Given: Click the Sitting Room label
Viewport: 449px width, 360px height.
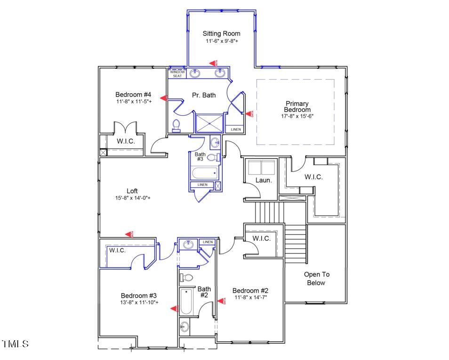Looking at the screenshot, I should [221, 33].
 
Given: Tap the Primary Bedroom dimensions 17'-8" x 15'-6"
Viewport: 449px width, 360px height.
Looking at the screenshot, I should [297, 116].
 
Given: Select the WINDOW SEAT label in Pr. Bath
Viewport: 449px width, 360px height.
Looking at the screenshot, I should [177, 74].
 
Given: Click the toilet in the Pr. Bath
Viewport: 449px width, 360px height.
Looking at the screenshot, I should [176, 125].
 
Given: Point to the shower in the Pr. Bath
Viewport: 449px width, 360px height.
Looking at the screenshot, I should [210, 123].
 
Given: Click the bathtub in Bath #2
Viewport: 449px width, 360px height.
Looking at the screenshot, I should [185, 301].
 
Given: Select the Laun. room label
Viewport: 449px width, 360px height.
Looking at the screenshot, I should [264, 180].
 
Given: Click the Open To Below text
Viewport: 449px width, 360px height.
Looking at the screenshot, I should [316, 279].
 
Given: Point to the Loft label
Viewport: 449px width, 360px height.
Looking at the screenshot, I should [132, 191].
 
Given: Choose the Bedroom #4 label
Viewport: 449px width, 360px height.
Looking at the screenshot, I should [133, 95].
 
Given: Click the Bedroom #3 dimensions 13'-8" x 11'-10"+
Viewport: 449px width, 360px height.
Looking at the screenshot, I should [139, 303].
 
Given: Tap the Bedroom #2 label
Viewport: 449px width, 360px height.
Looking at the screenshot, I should [250, 290].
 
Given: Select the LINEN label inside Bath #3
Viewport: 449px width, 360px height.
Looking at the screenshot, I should [202, 185].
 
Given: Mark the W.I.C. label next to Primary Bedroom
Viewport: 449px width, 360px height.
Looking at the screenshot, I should [313, 177].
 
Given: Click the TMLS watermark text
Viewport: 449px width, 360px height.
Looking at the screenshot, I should [16, 344].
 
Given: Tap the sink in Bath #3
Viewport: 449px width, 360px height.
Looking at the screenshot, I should [215, 142].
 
